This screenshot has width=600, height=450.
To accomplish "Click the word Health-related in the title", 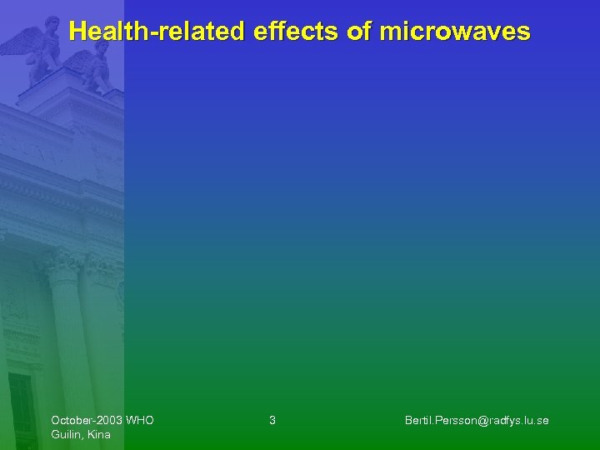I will pyautogui.click(x=157, y=32).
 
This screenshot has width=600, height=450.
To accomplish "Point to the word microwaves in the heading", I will pyautogui.click(x=454, y=32).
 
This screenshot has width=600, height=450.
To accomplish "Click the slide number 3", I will pyautogui.click(x=272, y=420).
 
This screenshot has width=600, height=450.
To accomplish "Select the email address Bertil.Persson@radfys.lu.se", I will pyautogui.click(x=477, y=420).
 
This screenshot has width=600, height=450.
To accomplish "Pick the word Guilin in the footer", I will pyautogui.click(x=67, y=434).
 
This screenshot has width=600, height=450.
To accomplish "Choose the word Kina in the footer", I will pyautogui.click(x=98, y=434).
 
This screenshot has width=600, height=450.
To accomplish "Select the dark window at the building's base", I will pyautogui.click(x=20, y=408).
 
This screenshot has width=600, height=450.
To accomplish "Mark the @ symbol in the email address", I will pyautogui.click(x=472, y=420).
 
